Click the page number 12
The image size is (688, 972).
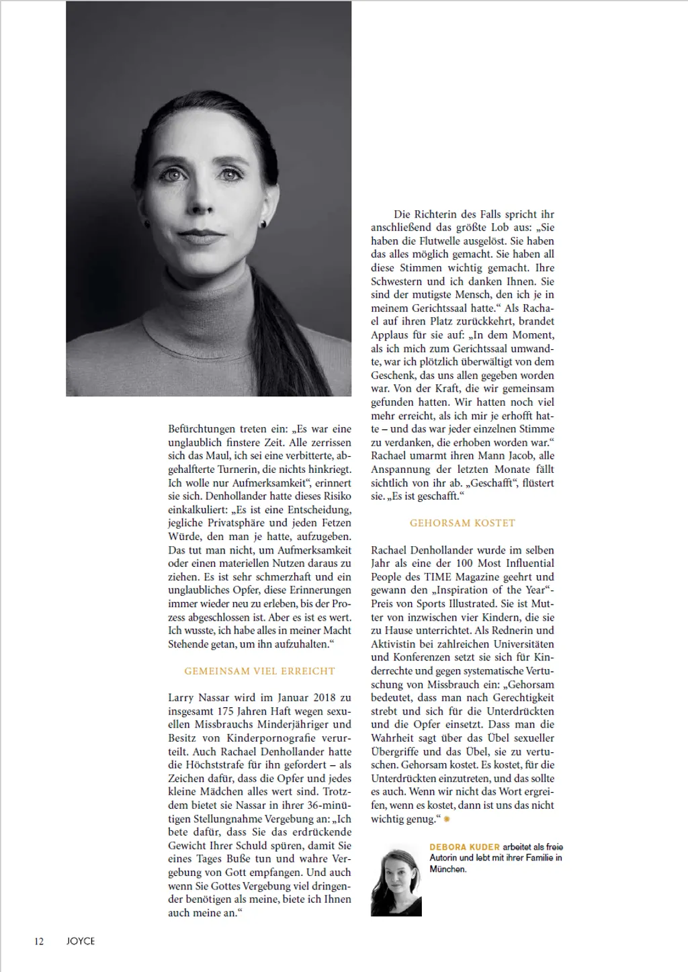(39, 941)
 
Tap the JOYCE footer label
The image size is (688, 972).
(81, 941)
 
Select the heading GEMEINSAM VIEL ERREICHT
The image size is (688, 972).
(259, 671)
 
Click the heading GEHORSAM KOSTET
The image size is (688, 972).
(462, 523)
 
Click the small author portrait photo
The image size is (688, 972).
(396, 881)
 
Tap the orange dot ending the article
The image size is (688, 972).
(447, 820)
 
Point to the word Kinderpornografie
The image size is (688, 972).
(258, 738)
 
